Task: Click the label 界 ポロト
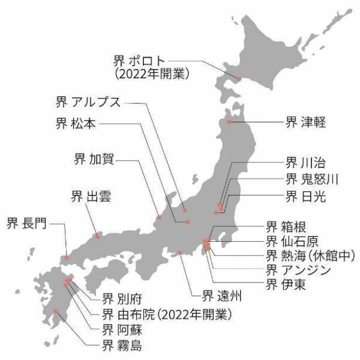tap(139, 61)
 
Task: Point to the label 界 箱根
tap(286, 227)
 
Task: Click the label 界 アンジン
tap(298, 269)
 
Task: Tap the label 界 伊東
tap(286, 284)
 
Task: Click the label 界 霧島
tap(122, 344)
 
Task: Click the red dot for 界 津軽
tap(229, 122)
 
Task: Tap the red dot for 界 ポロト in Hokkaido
tap(238, 79)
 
